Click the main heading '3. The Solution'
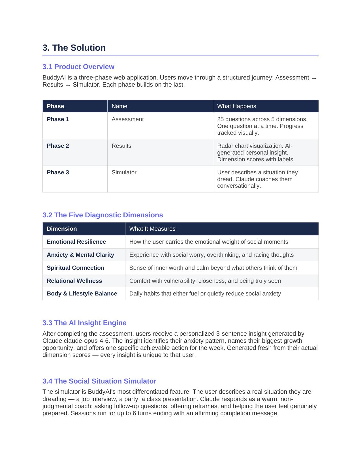(x=74, y=48)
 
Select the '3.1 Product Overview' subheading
(x=78, y=67)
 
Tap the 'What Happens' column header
(x=236, y=106)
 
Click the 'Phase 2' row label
(x=58, y=146)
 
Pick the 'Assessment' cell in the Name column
(x=127, y=119)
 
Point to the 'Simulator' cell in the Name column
(x=124, y=172)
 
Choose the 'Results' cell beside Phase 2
(x=121, y=146)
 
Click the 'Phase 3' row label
(x=58, y=172)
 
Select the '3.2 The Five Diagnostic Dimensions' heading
(x=102, y=215)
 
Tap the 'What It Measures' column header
(x=152, y=229)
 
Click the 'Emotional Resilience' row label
(x=76, y=242)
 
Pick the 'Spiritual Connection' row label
(x=75, y=268)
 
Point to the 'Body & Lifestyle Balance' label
(x=82, y=294)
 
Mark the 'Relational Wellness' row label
(x=74, y=281)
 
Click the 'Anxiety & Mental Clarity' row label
(x=80, y=255)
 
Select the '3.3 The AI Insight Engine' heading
(x=84, y=323)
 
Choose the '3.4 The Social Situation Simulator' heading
(x=99, y=381)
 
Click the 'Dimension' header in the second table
(x=62, y=229)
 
